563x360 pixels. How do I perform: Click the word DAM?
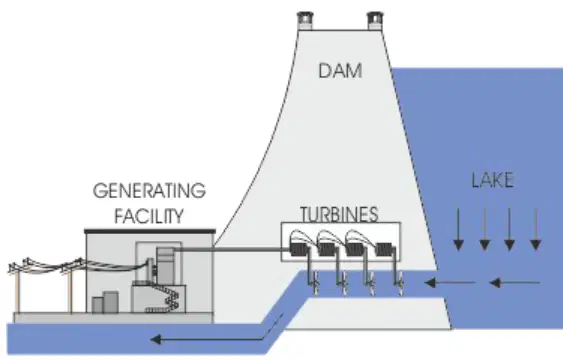point(340,71)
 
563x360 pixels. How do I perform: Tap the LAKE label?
point(492,180)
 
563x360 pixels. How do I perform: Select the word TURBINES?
point(339,214)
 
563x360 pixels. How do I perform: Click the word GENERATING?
point(149,191)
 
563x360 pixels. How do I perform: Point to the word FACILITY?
point(149,216)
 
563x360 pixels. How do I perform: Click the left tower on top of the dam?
point(305,20)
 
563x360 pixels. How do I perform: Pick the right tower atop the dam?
point(375,20)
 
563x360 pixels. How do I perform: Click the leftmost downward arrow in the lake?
point(458,229)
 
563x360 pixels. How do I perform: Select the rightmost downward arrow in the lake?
point(536,229)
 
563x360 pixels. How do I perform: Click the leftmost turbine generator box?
point(299,249)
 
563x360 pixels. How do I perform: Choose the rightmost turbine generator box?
point(385,249)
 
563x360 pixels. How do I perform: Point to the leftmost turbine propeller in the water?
point(315,283)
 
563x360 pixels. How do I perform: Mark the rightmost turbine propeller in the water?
point(400,283)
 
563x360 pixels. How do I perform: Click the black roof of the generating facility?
point(150,231)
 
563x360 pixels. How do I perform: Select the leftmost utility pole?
point(17,287)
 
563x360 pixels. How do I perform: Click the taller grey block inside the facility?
point(111,302)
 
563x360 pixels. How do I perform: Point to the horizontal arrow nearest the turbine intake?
point(450,283)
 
